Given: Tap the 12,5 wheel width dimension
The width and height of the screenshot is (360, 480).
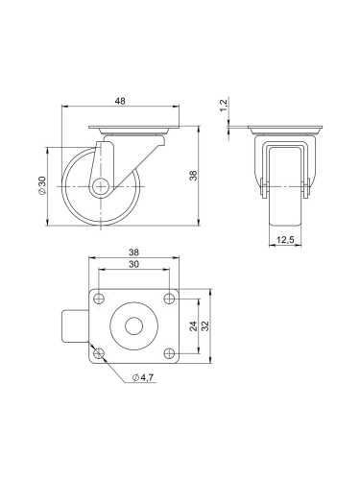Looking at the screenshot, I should tap(284, 242).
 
